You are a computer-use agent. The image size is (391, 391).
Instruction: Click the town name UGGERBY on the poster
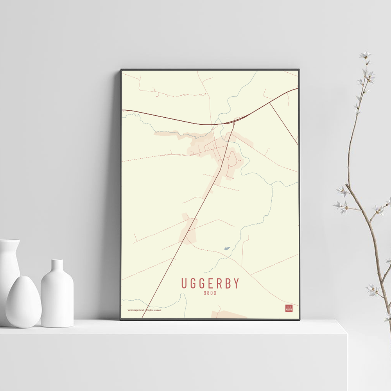210,283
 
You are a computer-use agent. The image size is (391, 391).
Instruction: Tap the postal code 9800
210,293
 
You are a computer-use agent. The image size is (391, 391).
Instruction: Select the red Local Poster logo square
289,308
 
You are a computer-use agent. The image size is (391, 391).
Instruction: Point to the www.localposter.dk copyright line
144,310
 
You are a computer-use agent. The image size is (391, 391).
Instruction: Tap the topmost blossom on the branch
366,54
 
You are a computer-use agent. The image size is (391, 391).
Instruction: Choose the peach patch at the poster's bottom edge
229,314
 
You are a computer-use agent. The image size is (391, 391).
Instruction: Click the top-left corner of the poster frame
121,70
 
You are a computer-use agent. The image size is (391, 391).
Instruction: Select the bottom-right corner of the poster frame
299,319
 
